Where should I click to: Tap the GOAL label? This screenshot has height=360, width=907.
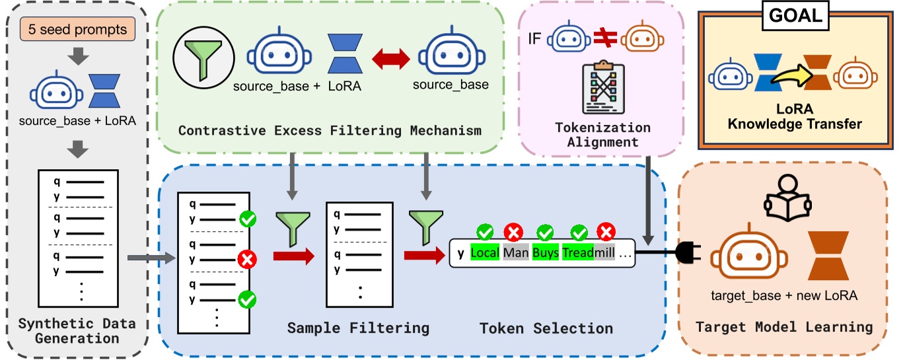797,17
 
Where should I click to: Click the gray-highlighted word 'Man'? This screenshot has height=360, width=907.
515,252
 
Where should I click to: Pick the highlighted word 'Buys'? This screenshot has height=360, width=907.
546,252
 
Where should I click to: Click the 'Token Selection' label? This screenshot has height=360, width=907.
546,328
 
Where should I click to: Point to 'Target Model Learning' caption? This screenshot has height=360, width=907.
784,328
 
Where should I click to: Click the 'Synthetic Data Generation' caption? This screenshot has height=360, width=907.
78,330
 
